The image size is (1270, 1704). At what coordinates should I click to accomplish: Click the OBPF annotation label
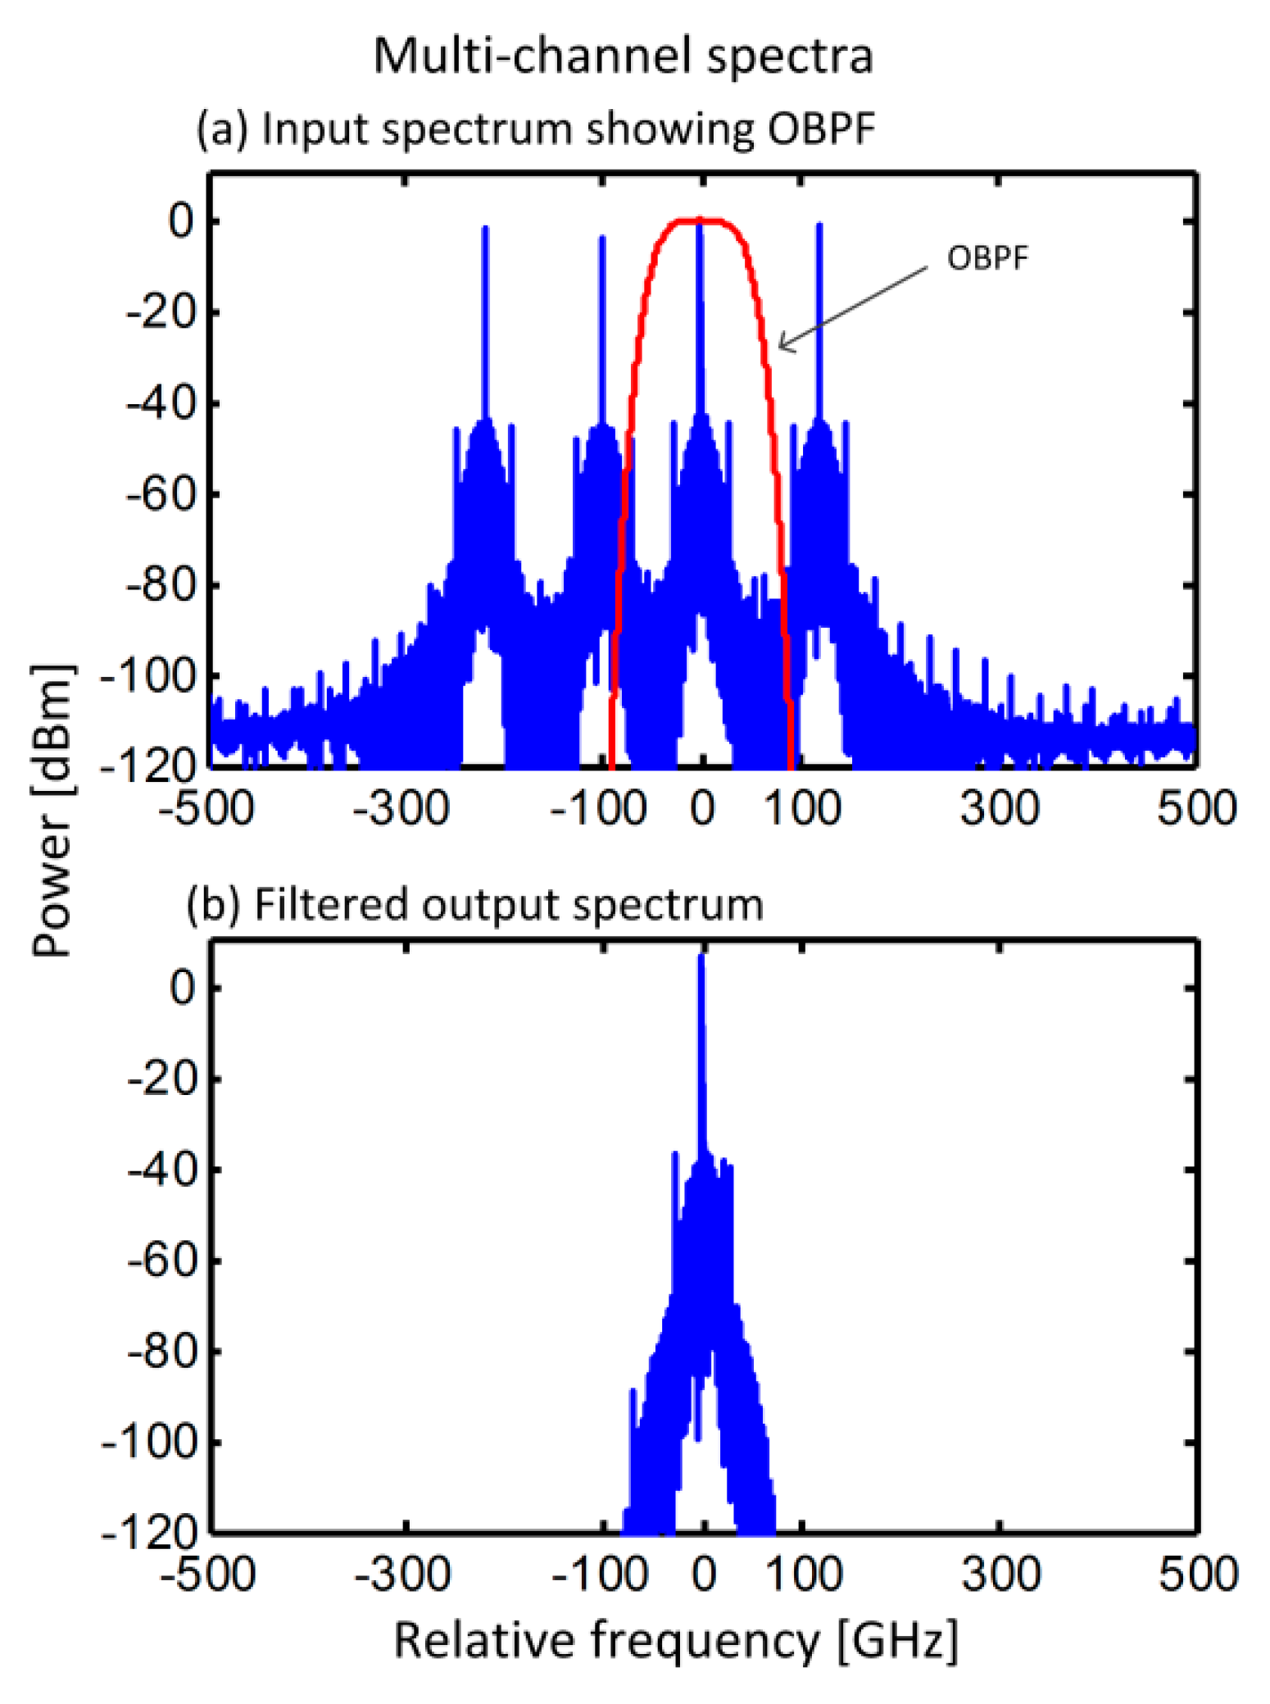coord(987,259)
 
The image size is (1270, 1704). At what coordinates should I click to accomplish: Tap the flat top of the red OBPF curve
coord(701,220)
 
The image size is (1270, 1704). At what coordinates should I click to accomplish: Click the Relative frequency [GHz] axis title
coord(675,1642)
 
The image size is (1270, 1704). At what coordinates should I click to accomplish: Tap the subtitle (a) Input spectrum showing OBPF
coord(536,130)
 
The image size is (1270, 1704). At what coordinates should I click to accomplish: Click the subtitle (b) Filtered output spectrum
coord(475,905)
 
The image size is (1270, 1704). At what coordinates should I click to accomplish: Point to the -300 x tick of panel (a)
coord(401,808)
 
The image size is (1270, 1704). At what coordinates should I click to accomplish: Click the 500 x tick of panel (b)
coord(1197,1574)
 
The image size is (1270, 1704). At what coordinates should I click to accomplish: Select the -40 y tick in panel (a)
coord(162,404)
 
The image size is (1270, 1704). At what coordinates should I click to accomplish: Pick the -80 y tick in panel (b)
coord(162,1351)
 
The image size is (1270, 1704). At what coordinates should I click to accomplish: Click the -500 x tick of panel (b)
coord(207,1574)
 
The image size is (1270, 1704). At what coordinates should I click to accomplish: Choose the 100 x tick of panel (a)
coord(802,808)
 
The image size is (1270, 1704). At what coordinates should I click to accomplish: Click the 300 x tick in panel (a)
coord(1000,808)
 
